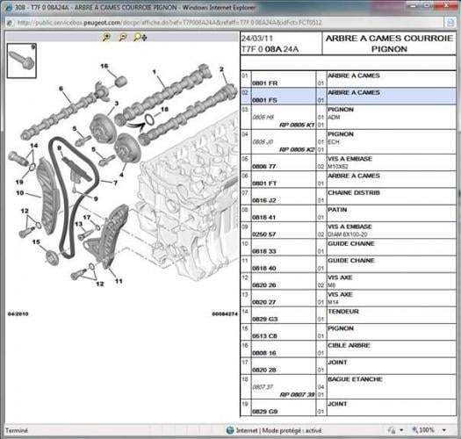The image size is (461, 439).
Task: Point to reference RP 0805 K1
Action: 296,126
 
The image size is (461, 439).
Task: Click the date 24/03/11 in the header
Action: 258,40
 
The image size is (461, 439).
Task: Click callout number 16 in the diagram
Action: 103,67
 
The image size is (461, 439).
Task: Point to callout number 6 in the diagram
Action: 61,89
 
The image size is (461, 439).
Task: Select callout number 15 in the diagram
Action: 36,241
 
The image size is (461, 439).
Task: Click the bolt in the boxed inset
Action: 21,61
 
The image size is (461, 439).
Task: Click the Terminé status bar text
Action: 17,431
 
